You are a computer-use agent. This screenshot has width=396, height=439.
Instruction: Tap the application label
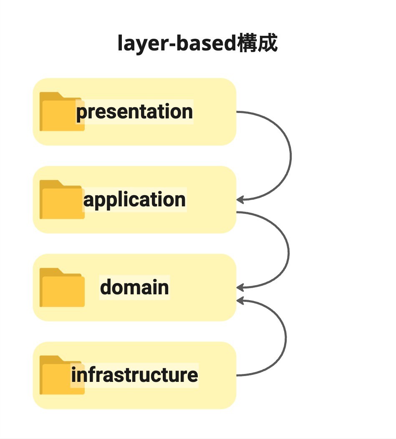pyautogui.click(x=134, y=200)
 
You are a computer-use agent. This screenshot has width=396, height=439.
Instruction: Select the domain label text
pyautogui.click(x=134, y=287)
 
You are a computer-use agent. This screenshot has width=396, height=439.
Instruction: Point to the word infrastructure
pyautogui.click(x=134, y=375)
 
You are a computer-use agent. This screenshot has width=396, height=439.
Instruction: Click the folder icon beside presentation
pyautogui.click(x=62, y=111)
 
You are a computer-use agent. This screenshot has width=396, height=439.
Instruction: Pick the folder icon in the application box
pyautogui.click(x=62, y=199)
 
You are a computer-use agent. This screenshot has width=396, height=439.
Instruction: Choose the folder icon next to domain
pyautogui.click(x=62, y=287)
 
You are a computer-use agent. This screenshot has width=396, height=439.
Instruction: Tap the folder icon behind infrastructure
pyautogui.click(x=62, y=375)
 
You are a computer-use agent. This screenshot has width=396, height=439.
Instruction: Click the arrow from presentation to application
pyautogui.click(x=291, y=156)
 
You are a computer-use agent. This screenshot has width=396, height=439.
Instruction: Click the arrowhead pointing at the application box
pyautogui.click(x=240, y=200)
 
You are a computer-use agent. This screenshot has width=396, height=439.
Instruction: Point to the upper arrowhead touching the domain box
pyautogui.click(x=240, y=288)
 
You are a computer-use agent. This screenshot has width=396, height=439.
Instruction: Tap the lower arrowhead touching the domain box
pyautogui.click(x=240, y=301)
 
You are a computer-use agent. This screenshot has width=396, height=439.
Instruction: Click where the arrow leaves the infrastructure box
pyautogui.click(x=237, y=375)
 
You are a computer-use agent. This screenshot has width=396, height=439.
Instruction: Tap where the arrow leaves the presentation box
pyautogui.click(x=237, y=112)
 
